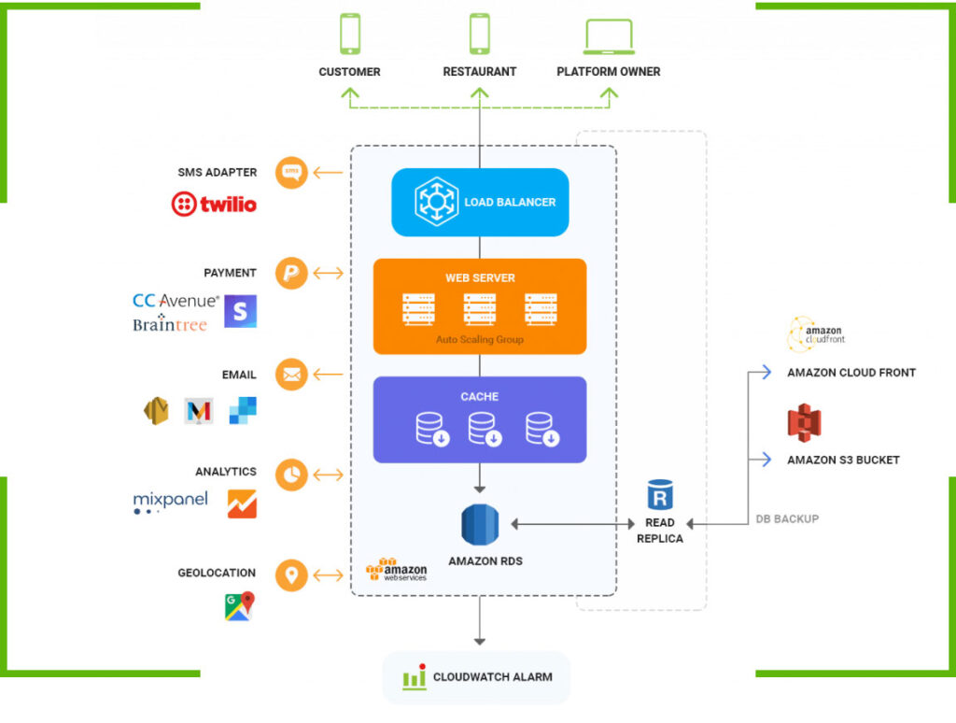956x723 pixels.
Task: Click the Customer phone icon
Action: tap(350, 34)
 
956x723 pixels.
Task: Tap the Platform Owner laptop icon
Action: tap(609, 35)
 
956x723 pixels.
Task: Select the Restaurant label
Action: tap(479, 71)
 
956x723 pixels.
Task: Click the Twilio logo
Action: tap(214, 204)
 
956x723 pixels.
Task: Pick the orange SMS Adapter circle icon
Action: tap(291, 172)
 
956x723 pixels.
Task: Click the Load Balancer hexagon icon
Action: tap(436, 202)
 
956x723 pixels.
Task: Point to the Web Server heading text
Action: tap(480, 277)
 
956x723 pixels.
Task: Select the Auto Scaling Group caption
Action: tap(480, 340)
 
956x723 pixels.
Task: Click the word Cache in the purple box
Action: tap(480, 397)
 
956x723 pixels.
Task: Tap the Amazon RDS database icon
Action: tap(480, 525)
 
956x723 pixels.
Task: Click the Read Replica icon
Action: tap(659, 495)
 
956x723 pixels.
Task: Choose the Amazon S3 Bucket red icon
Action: tap(803, 422)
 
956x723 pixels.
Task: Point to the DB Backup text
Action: tap(786, 518)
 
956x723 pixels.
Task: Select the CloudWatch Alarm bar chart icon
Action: tap(415, 677)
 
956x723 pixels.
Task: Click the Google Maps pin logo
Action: tap(239, 607)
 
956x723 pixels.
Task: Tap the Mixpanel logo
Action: tap(170, 503)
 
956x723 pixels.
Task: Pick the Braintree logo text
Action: tap(169, 324)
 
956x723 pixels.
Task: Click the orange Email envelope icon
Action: tap(291, 375)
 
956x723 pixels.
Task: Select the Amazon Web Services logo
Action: tap(396, 570)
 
